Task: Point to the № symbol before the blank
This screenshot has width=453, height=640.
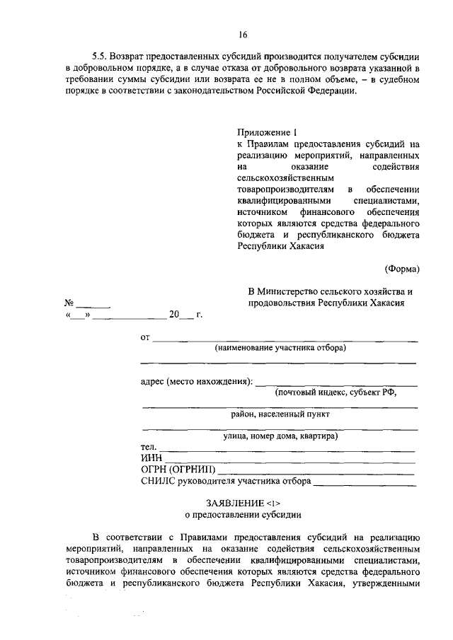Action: [69, 303]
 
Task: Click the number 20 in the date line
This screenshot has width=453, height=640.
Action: [175, 315]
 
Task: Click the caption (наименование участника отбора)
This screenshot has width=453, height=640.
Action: [280, 349]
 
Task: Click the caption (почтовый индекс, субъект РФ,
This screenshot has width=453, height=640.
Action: [335, 392]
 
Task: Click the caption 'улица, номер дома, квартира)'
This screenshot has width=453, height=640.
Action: [280, 436]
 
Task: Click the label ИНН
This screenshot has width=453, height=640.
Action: [152, 459]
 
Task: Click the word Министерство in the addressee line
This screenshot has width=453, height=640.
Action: [292, 291]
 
